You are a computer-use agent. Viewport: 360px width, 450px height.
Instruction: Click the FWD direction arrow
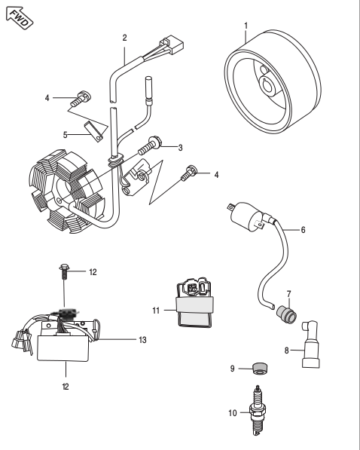20,18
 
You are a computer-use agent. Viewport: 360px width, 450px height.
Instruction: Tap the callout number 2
124,38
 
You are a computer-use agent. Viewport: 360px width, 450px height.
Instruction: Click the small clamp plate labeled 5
94,132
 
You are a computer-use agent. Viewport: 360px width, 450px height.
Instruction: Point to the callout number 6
303,230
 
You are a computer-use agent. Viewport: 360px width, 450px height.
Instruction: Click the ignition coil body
247,216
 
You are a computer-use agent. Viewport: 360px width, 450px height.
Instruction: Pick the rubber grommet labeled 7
286,315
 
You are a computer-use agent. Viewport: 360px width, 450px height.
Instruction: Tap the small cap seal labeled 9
260,368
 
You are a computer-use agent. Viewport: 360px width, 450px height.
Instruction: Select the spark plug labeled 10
259,410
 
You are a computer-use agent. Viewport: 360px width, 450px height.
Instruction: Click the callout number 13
142,340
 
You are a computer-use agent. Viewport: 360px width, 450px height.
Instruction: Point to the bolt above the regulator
64,271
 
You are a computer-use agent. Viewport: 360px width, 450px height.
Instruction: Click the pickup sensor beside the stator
136,178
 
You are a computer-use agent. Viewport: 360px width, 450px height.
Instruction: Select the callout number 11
156,311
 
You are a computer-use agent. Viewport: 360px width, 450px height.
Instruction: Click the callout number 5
65,135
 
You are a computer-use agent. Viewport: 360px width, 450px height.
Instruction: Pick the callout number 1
246,26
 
